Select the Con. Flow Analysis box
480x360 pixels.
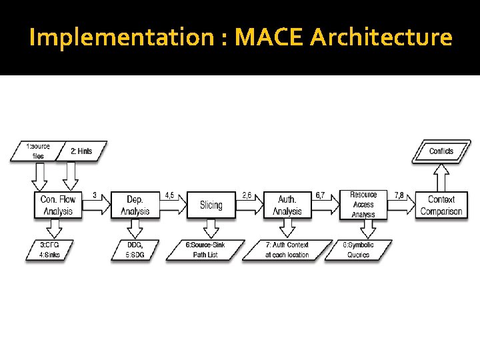click(58, 205)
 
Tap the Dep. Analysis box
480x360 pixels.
click(135, 205)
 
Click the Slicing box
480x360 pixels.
click(211, 205)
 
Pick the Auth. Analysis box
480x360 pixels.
click(287, 205)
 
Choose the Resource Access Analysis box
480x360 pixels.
click(363, 205)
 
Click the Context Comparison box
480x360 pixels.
click(441, 205)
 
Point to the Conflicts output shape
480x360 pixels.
click(441, 151)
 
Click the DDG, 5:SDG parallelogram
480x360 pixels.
click(135, 250)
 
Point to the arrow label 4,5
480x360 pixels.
click(170, 195)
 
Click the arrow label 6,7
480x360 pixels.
click(321, 195)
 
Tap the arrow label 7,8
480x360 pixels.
click(399, 195)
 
